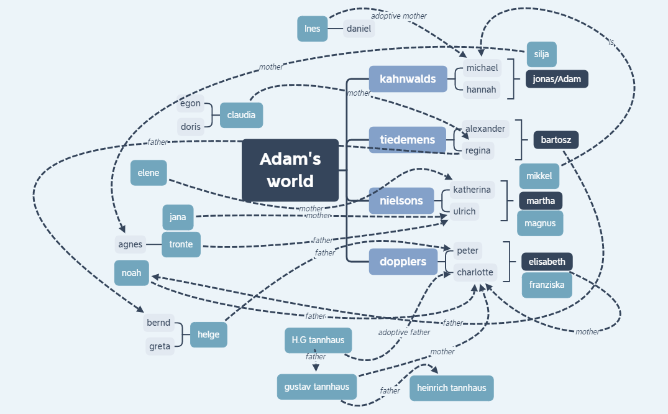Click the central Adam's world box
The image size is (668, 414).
pyautogui.click(x=290, y=170)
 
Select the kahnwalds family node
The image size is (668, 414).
pyautogui.click(x=408, y=79)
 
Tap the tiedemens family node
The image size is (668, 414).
pyautogui.click(x=408, y=140)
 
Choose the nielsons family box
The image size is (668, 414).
pyautogui.click(x=401, y=200)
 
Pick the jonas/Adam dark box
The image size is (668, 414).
pyautogui.click(x=557, y=79)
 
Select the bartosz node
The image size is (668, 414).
pyautogui.click(x=556, y=140)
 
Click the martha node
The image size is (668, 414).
pyautogui.click(x=541, y=201)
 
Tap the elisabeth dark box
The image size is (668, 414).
pyautogui.click(x=547, y=262)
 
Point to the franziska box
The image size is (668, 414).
pyautogui.click(x=547, y=285)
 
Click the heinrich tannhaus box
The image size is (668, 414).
pyautogui.click(x=452, y=388)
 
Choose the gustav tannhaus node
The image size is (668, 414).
pyautogui.click(x=317, y=387)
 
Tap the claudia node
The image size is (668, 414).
pyautogui.click(x=241, y=115)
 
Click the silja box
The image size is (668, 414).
pyautogui.click(x=541, y=54)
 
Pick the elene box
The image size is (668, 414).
pyautogui.click(x=149, y=173)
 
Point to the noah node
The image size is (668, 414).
pyautogui.click(x=132, y=273)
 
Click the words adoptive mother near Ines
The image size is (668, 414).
pyautogui.click(x=399, y=16)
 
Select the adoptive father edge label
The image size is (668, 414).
pyautogui.click(x=404, y=333)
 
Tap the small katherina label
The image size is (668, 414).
pyautogui.click(x=472, y=190)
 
